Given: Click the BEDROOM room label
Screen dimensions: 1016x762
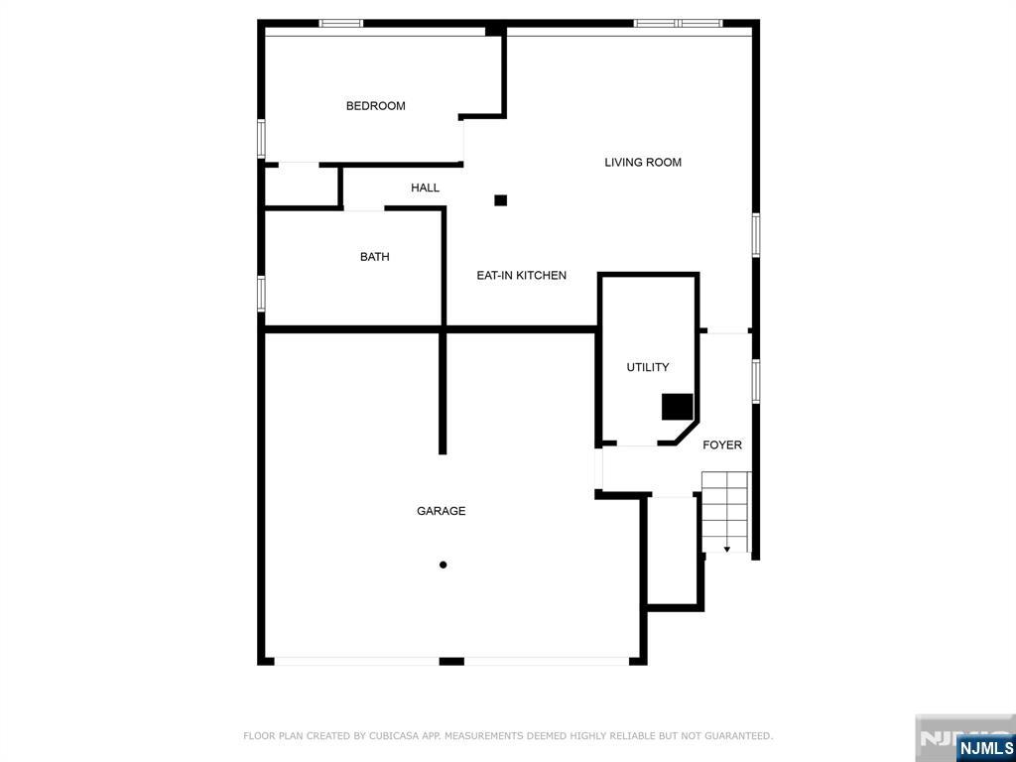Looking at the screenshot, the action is pos(375,105).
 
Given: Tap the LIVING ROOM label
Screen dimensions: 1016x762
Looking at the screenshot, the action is pos(643,162).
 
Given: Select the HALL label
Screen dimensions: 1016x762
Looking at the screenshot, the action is pos(425,188).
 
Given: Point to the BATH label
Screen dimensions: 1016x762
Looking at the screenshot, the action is pos(374,257).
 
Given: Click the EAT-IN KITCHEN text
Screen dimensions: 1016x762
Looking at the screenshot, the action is pos(522,276).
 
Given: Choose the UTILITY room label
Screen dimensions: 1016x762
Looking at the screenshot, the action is pos(647,367).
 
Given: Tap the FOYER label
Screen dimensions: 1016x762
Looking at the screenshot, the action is pos(722,445).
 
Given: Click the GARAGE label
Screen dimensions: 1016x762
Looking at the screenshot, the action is pos(441,511).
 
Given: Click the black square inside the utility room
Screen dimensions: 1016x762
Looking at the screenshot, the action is pos(677,406).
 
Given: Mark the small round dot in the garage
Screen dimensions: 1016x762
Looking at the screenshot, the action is pos(444,565).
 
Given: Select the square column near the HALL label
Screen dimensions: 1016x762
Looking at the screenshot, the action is pos(500,200).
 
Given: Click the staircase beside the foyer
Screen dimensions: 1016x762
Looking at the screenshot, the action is pos(726,512).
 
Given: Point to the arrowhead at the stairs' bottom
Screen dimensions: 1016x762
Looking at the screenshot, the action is pos(727,550).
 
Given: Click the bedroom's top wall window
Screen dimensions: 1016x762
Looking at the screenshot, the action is pos(341,24).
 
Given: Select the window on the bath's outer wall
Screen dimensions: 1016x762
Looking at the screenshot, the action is pos(261,294).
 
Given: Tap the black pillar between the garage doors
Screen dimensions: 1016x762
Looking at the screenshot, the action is pos(451,662).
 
